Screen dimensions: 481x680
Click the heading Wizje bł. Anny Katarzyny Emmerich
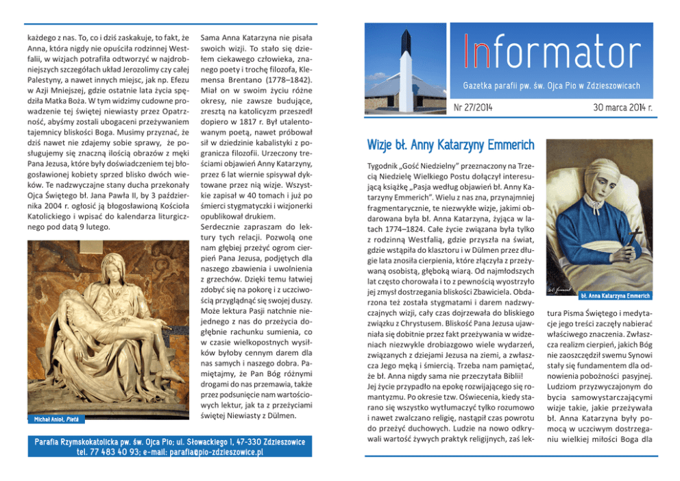coord(450,145)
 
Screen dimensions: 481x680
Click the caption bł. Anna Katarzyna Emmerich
coord(615,296)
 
